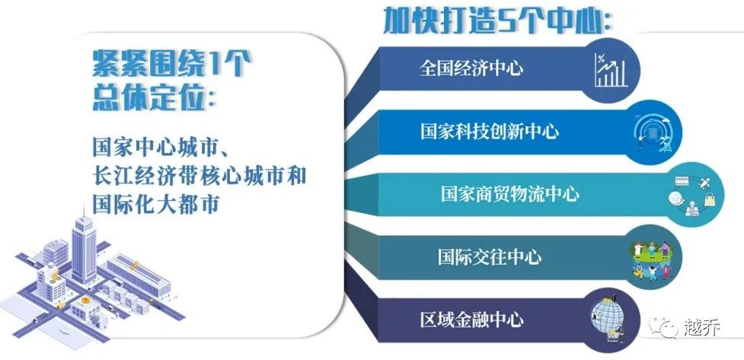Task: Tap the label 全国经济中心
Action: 471,68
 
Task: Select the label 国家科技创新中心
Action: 489,131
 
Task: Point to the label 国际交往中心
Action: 489,256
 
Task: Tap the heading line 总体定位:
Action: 153,97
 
